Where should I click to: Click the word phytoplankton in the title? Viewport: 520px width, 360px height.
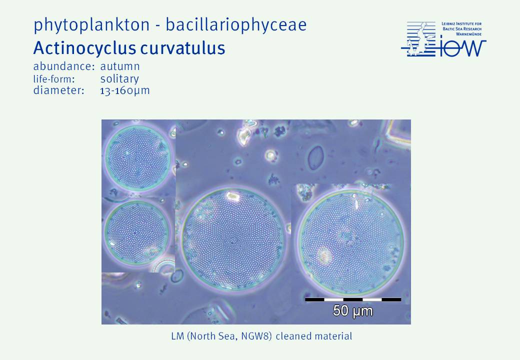tap(91, 25)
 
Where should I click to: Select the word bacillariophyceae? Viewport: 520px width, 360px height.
tap(236, 25)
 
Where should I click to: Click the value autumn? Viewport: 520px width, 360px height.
tap(120, 66)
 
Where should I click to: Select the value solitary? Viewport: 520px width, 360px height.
tap(119, 79)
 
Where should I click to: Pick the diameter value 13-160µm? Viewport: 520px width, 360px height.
tap(125, 90)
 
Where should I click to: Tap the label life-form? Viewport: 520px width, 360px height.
tap(54, 79)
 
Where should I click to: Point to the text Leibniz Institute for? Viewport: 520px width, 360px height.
tap(461, 24)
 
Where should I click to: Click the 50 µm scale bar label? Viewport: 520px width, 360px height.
tap(353, 311)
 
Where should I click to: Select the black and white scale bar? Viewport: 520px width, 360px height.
tap(353, 299)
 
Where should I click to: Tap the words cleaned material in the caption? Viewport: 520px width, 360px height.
tap(313, 336)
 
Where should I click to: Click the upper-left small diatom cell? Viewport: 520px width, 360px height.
tap(138, 157)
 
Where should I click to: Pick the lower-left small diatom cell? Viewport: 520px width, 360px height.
tap(136, 231)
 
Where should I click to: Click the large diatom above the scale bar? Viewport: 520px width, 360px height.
tap(350, 242)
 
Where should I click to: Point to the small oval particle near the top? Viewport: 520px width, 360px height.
tap(315, 157)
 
